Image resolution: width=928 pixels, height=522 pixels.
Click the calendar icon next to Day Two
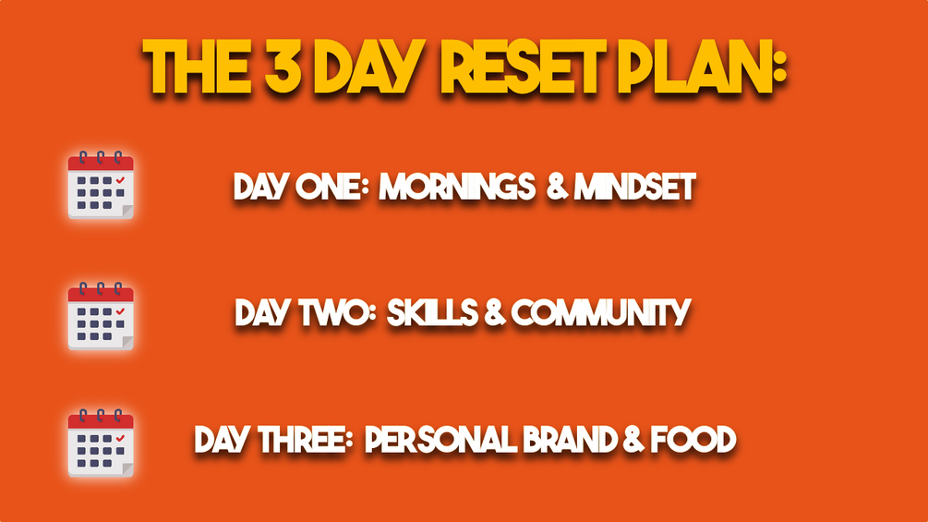click(x=101, y=316)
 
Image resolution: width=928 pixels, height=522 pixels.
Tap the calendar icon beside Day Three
click(x=101, y=443)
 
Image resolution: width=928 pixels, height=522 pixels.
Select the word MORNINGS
click(x=455, y=188)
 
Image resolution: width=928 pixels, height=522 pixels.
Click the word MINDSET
click(x=634, y=188)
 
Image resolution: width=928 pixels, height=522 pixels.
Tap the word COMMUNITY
click(x=601, y=314)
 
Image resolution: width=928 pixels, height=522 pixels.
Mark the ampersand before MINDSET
click(x=557, y=188)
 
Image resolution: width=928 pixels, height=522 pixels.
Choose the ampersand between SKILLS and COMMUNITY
click(x=494, y=314)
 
